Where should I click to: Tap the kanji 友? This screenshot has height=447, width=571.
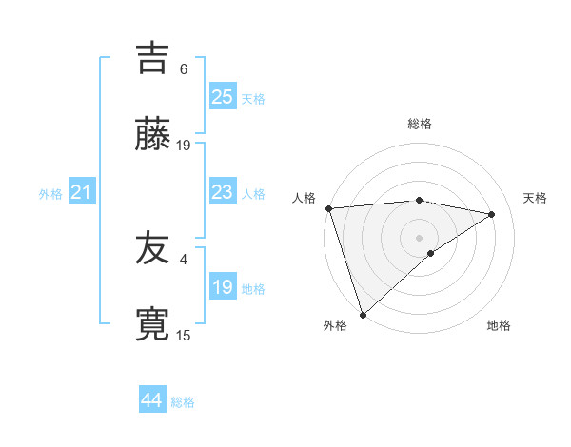[x=152, y=248]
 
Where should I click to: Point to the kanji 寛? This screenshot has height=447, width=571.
[x=152, y=323]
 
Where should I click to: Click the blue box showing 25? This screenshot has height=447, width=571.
[x=222, y=96]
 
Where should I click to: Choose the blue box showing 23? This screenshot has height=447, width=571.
[x=222, y=192]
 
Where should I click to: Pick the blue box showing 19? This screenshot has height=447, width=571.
[x=222, y=287]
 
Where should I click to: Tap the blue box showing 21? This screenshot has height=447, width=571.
[x=81, y=193]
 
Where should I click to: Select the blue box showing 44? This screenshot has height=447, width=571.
[x=151, y=400]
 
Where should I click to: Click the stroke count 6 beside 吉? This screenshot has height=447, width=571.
[x=184, y=69]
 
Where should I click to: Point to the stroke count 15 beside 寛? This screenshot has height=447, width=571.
[x=184, y=335]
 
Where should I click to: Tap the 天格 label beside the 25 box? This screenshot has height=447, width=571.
[x=253, y=98]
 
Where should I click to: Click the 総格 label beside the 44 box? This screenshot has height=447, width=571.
[x=183, y=402]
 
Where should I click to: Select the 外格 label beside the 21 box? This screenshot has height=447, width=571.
[x=50, y=194]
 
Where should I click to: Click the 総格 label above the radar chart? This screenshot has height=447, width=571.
[x=420, y=124]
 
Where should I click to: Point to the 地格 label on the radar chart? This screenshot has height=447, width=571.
[x=499, y=325]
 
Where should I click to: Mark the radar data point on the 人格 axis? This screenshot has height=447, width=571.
[x=328, y=208]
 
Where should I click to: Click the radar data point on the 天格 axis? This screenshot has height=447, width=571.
[x=492, y=214]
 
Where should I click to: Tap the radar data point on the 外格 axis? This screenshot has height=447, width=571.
[x=363, y=314]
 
